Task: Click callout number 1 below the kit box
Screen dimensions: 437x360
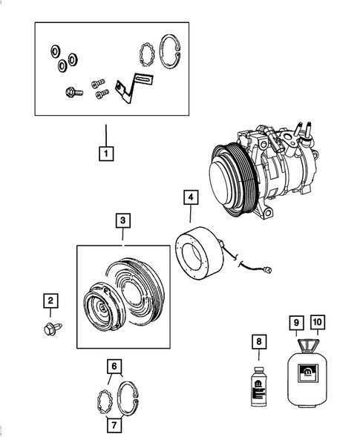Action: [x=107, y=155]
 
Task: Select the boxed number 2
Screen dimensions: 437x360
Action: [x=50, y=300]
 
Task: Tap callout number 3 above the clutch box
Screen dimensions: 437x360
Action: [x=123, y=220]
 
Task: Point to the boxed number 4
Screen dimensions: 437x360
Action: [x=192, y=198]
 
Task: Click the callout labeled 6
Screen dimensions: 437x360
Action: [x=114, y=366]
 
